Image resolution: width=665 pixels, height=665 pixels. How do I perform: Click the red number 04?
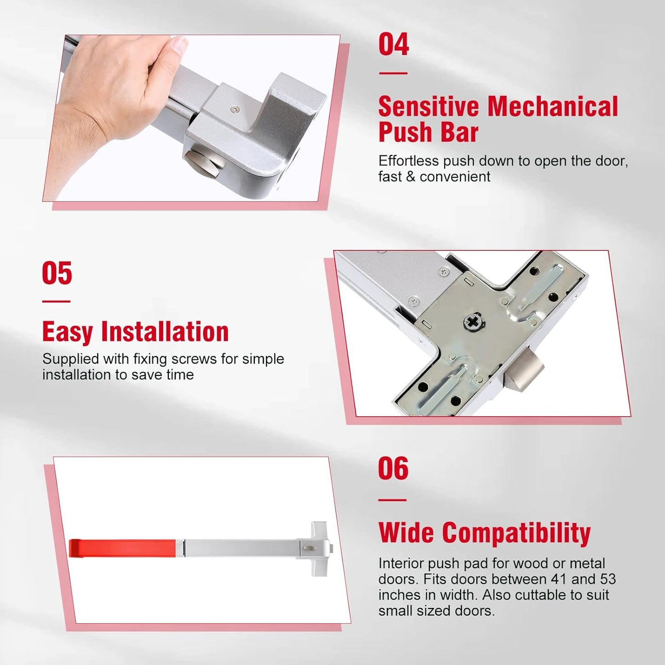click(393, 45)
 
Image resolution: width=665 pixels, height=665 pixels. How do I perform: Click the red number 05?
click(57, 273)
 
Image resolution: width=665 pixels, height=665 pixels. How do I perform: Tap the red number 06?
click(393, 469)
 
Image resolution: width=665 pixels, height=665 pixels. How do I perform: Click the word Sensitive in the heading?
click(428, 107)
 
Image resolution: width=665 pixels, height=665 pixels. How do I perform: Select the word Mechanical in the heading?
click(553, 107)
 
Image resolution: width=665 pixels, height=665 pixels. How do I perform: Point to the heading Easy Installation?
click(135, 332)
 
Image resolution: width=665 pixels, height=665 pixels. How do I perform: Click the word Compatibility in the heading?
click(516, 533)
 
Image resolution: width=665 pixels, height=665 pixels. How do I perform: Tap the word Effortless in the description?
click(409, 161)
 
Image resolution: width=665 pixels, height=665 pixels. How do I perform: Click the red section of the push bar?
click(122, 548)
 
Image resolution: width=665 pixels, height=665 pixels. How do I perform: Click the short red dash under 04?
click(393, 73)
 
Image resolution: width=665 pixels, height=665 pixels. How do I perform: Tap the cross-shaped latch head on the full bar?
click(319, 548)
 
